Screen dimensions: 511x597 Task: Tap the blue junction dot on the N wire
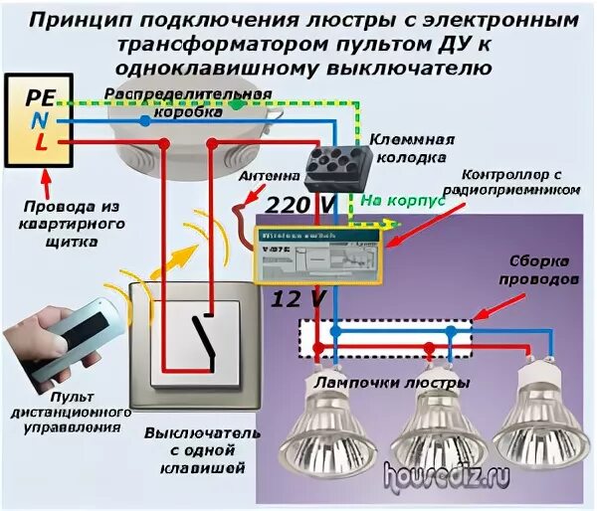pyautogui.click(x=145, y=120)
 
